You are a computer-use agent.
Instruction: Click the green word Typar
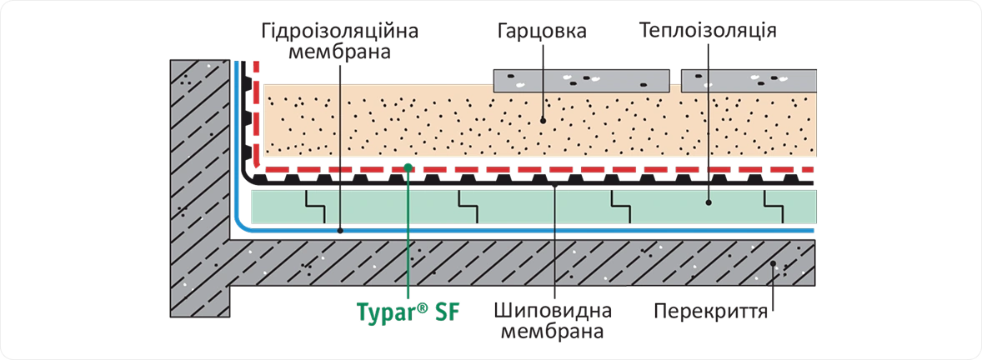click(x=379, y=313)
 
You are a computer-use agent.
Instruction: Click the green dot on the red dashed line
click(x=408, y=167)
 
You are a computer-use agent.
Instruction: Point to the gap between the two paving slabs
click(x=678, y=81)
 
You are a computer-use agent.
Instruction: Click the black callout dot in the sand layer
click(x=542, y=120)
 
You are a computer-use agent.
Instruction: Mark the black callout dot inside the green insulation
click(x=709, y=202)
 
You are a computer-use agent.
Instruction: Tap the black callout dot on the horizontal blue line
click(x=340, y=227)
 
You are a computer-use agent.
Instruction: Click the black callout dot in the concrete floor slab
click(x=774, y=264)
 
